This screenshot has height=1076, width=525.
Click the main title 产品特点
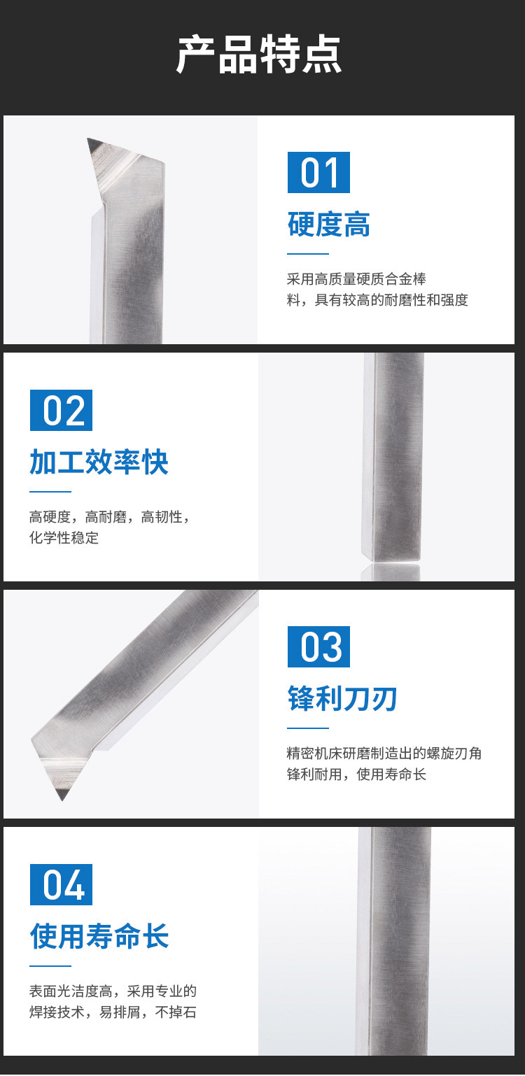point(259,55)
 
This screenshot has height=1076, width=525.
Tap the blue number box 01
point(318,172)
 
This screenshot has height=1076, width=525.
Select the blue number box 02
point(61,410)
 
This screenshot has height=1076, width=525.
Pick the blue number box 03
point(318,646)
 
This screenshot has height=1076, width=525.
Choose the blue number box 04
point(61,884)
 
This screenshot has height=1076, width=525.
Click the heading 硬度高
point(329,225)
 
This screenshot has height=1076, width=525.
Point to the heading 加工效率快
point(99,462)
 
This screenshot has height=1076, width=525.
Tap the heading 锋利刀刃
point(342,698)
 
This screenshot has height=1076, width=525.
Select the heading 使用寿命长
point(99,936)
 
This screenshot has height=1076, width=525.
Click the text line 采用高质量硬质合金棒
point(356,279)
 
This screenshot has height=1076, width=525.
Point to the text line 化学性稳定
point(64,537)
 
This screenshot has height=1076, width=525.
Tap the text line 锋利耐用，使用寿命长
point(356,774)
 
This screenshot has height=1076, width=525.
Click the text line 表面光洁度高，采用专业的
point(113,991)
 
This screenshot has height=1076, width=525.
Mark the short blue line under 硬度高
point(308,254)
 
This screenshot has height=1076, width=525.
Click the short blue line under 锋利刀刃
point(308,728)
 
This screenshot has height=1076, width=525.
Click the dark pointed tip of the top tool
point(88,139)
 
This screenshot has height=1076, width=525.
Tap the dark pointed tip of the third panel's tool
point(62,800)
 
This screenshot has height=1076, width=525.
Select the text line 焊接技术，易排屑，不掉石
point(113,1012)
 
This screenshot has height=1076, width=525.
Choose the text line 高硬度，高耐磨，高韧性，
point(110,517)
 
